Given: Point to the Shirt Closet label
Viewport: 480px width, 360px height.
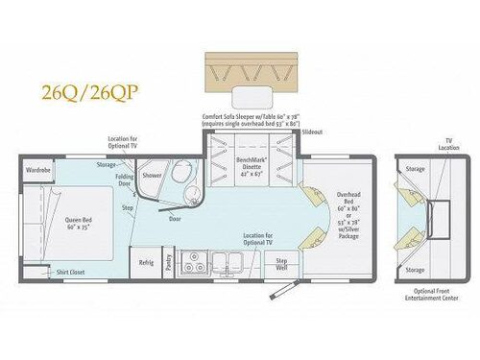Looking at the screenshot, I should tap(69, 271).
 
